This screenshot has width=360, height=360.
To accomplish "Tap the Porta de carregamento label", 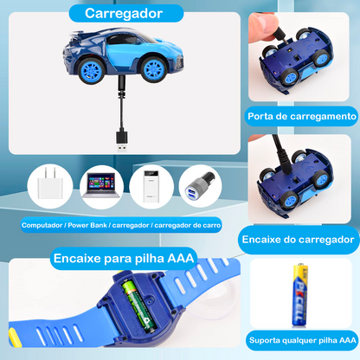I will point(301,116).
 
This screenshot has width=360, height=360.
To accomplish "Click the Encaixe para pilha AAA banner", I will point(124,257).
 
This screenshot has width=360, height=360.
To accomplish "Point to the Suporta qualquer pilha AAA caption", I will point(302,339).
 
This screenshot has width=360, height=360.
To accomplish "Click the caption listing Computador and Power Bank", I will point(119,223).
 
